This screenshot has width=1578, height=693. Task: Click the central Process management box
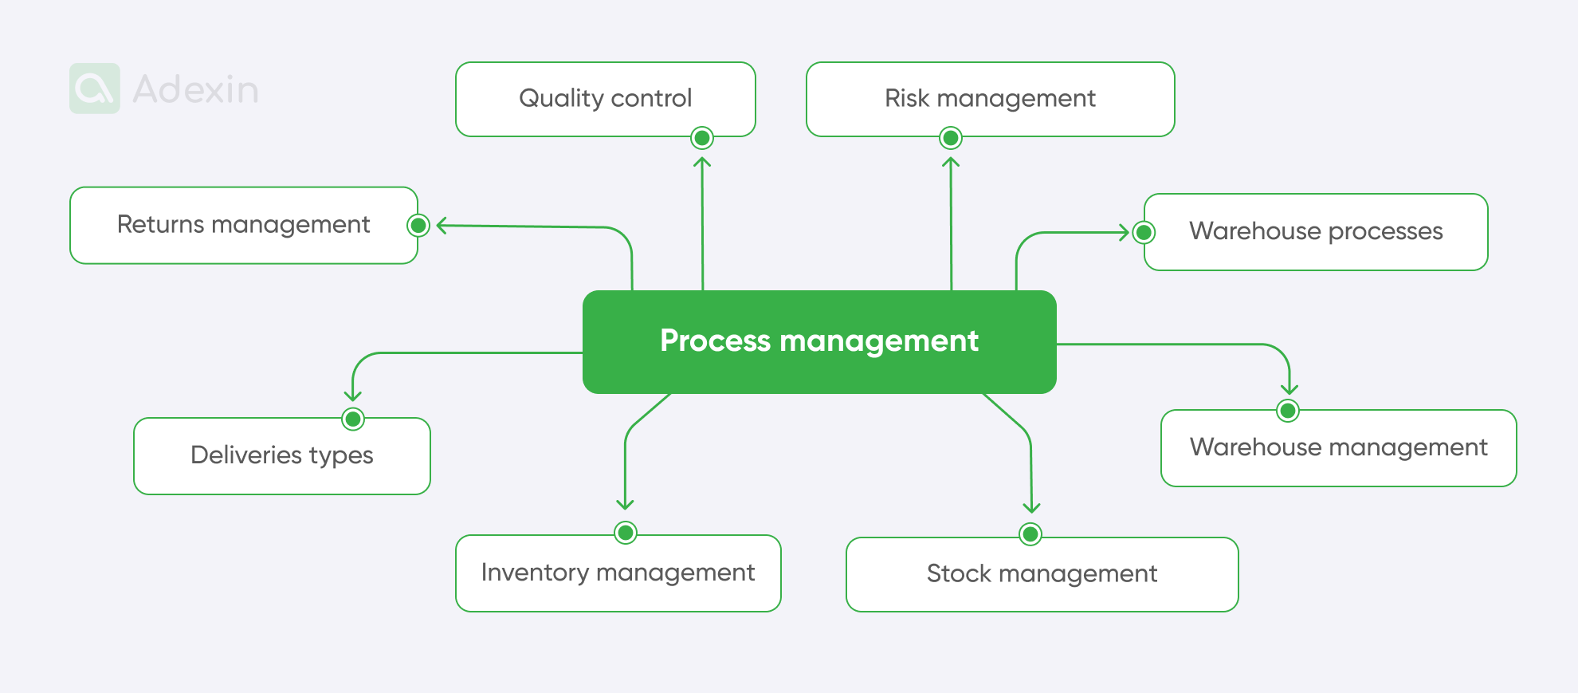click(819, 341)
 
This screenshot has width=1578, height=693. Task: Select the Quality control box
click(605, 98)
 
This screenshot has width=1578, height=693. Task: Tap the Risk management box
click(990, 98)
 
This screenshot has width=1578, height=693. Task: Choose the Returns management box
click(243, 225)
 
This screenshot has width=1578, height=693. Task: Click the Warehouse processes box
click(1316, 231)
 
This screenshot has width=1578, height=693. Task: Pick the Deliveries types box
click(281, 455)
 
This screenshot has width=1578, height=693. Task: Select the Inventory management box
click(618, 573)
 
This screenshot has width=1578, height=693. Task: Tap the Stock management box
click(1042, 574)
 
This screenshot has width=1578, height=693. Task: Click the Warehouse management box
click(1338, 447)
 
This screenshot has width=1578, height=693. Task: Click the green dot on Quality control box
click(702, 138)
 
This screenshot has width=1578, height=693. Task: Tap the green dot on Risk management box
click(950, 138)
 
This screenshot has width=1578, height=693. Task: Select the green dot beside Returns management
click(418, 226)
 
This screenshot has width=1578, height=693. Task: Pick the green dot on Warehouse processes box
click(1144, 232)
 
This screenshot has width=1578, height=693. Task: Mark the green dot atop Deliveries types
click(353, 419)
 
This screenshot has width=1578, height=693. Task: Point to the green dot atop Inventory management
click(626, 532)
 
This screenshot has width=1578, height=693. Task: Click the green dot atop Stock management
click(1030, 534)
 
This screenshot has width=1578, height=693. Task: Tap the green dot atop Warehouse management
click(1288, 411)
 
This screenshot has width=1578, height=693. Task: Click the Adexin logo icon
click(95, 89)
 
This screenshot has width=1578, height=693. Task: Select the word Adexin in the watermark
click(195, 89)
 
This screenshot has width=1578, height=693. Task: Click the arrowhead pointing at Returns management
click(442, 226)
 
